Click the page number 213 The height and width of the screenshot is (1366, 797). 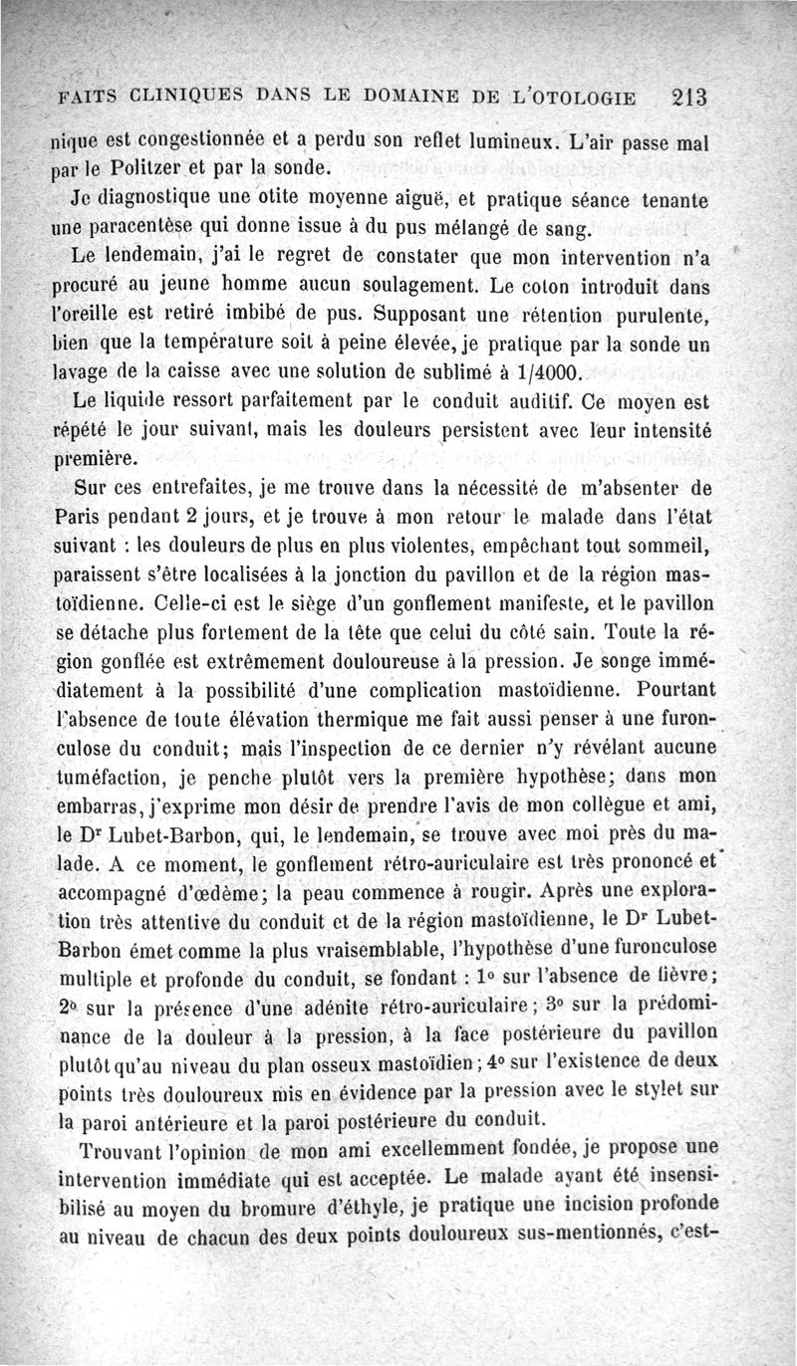689,98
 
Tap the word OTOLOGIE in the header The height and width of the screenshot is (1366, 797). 592,98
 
